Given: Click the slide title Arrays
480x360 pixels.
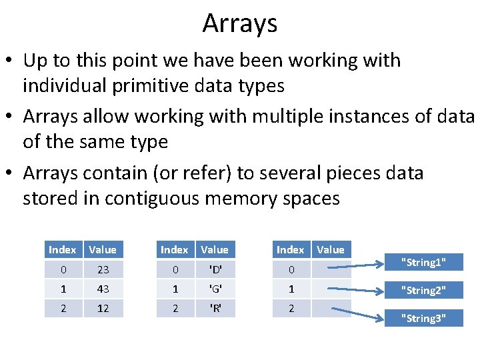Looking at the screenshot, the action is pos(240,23).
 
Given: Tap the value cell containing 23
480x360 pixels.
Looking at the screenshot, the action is pos(102,270).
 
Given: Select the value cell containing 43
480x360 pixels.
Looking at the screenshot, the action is pos(102,289).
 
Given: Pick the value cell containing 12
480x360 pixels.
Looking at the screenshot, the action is pos(102,309).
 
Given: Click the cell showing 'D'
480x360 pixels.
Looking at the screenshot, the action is pos(215,270).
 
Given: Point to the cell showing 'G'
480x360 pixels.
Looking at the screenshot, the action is pos(215,289).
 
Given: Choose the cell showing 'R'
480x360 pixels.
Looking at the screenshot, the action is pos(215,309).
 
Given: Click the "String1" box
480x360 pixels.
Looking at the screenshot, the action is pos(423,262).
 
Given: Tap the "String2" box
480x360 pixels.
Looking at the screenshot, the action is pos(423,290).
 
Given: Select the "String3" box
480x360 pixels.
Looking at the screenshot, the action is pos(423,318).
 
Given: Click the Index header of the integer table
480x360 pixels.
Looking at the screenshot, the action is pos(62,250).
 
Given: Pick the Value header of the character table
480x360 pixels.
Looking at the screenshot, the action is pos(215,250).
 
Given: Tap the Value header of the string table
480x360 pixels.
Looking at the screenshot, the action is pos(331,250).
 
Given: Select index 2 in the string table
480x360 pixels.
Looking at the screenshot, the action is pos(290,309).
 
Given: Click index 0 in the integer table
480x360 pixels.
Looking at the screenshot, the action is pos(62,270).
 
